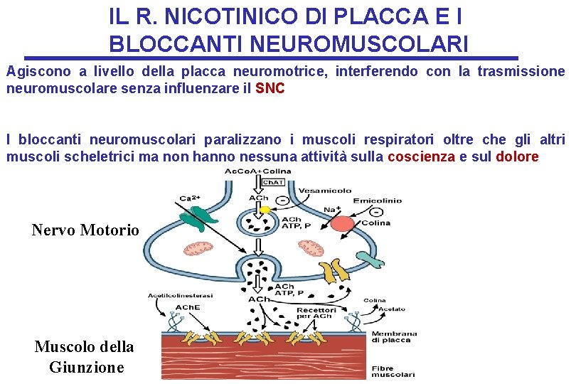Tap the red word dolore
517,156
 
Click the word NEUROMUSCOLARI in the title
289,44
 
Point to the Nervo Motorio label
85,230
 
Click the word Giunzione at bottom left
86,367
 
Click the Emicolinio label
376,201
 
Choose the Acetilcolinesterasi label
176,295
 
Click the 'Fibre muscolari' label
393,370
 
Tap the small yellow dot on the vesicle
265,210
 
